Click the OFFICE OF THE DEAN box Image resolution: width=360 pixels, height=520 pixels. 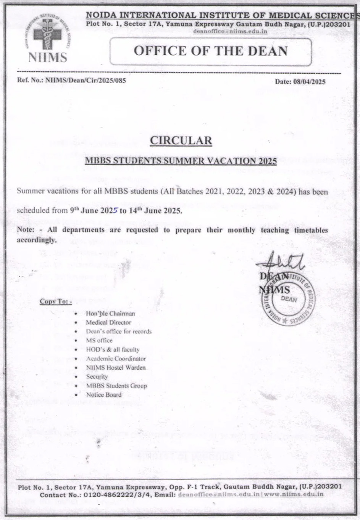pyautogui.click(x=210, y=51)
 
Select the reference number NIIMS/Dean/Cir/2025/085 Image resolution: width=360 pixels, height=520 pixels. pyautogui.click(x=85, y=81)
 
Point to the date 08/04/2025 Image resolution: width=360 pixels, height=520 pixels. pyautogui.click(x=310, y=81)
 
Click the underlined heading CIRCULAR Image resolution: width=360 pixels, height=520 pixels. pyautogui.click(x=181, y=140)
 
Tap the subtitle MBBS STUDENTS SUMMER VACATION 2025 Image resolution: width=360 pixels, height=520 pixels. pyautogui.click(x=181, y=161)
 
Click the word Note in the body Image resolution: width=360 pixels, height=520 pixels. pyautogui.click(x=25, y=230)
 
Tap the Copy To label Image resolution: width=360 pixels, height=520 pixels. pyautogui.click(x=55, y=302)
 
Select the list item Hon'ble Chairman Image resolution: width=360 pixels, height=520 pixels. pyautogui.click(x=110, y=313)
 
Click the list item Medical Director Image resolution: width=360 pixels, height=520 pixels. pyautogui.click(x=108, y=322)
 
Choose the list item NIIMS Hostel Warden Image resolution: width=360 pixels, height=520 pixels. pyautogui.click(x=116, y=367)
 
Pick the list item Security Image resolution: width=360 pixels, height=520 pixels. pyautogui.click(x=97, y=376)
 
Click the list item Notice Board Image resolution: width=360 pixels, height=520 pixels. pyautogui.click(x=104, y=394)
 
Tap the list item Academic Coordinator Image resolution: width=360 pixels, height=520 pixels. pyautogui.click(x=116, y=359)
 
